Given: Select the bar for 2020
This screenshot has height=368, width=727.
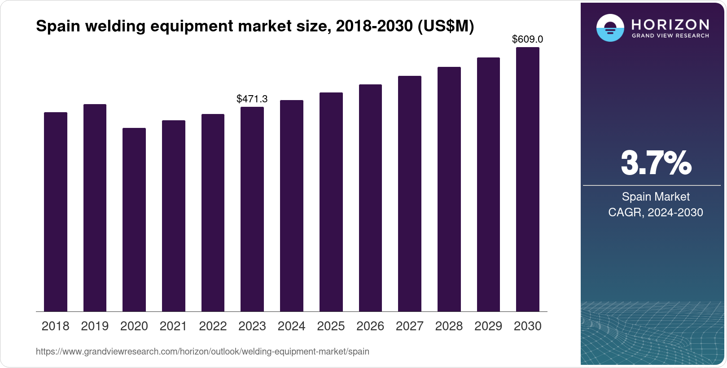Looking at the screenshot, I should pyautogui.click(x=134, y=220).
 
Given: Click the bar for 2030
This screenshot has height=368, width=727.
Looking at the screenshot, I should pyautogui.click(x=527, y=180).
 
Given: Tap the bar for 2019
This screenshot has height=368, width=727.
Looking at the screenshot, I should pyautogui.click(x=95, y=208).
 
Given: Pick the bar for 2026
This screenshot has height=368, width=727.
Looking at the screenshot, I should pyautogui.click(x=370, y=198).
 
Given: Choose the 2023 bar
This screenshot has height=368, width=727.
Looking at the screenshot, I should pyautogui.click(x=252, y=209).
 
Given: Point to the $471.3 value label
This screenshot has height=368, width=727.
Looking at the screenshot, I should pyautogui.click(x=252, y=99).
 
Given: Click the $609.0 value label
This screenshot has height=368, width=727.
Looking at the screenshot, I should pyautogui.click(x=527, y=39).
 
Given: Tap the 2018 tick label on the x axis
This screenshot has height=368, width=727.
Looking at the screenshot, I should pyautogui.click(x=55, y=326).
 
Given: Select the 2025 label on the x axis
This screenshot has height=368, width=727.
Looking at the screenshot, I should pyautogui.click(x=331, y=326).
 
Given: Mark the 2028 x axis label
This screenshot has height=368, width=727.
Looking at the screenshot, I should pyautogui.click(x=449, y=326).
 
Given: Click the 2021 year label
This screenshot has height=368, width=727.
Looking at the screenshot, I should pyautogui.click(x=173, y=326).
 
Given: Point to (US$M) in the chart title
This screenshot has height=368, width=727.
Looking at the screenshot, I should pyautogui.click(x=446, y=26).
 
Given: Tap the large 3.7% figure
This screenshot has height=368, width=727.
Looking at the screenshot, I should pyautogui.click(x=656, y=163).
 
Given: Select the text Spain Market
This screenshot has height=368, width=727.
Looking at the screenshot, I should pyautogui.click(x=656, y=197).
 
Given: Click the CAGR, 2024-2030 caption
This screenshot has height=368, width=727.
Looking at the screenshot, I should pyautogui.click(x=656, y=212).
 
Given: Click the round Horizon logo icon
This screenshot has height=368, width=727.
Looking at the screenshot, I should pyautogui.click(x=610, y=28).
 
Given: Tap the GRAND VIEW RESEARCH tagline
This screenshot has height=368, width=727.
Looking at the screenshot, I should pyautogui.click(x=670, y=35).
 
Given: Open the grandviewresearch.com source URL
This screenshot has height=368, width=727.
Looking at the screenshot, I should pyautogui.click(x=202, y=351).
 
